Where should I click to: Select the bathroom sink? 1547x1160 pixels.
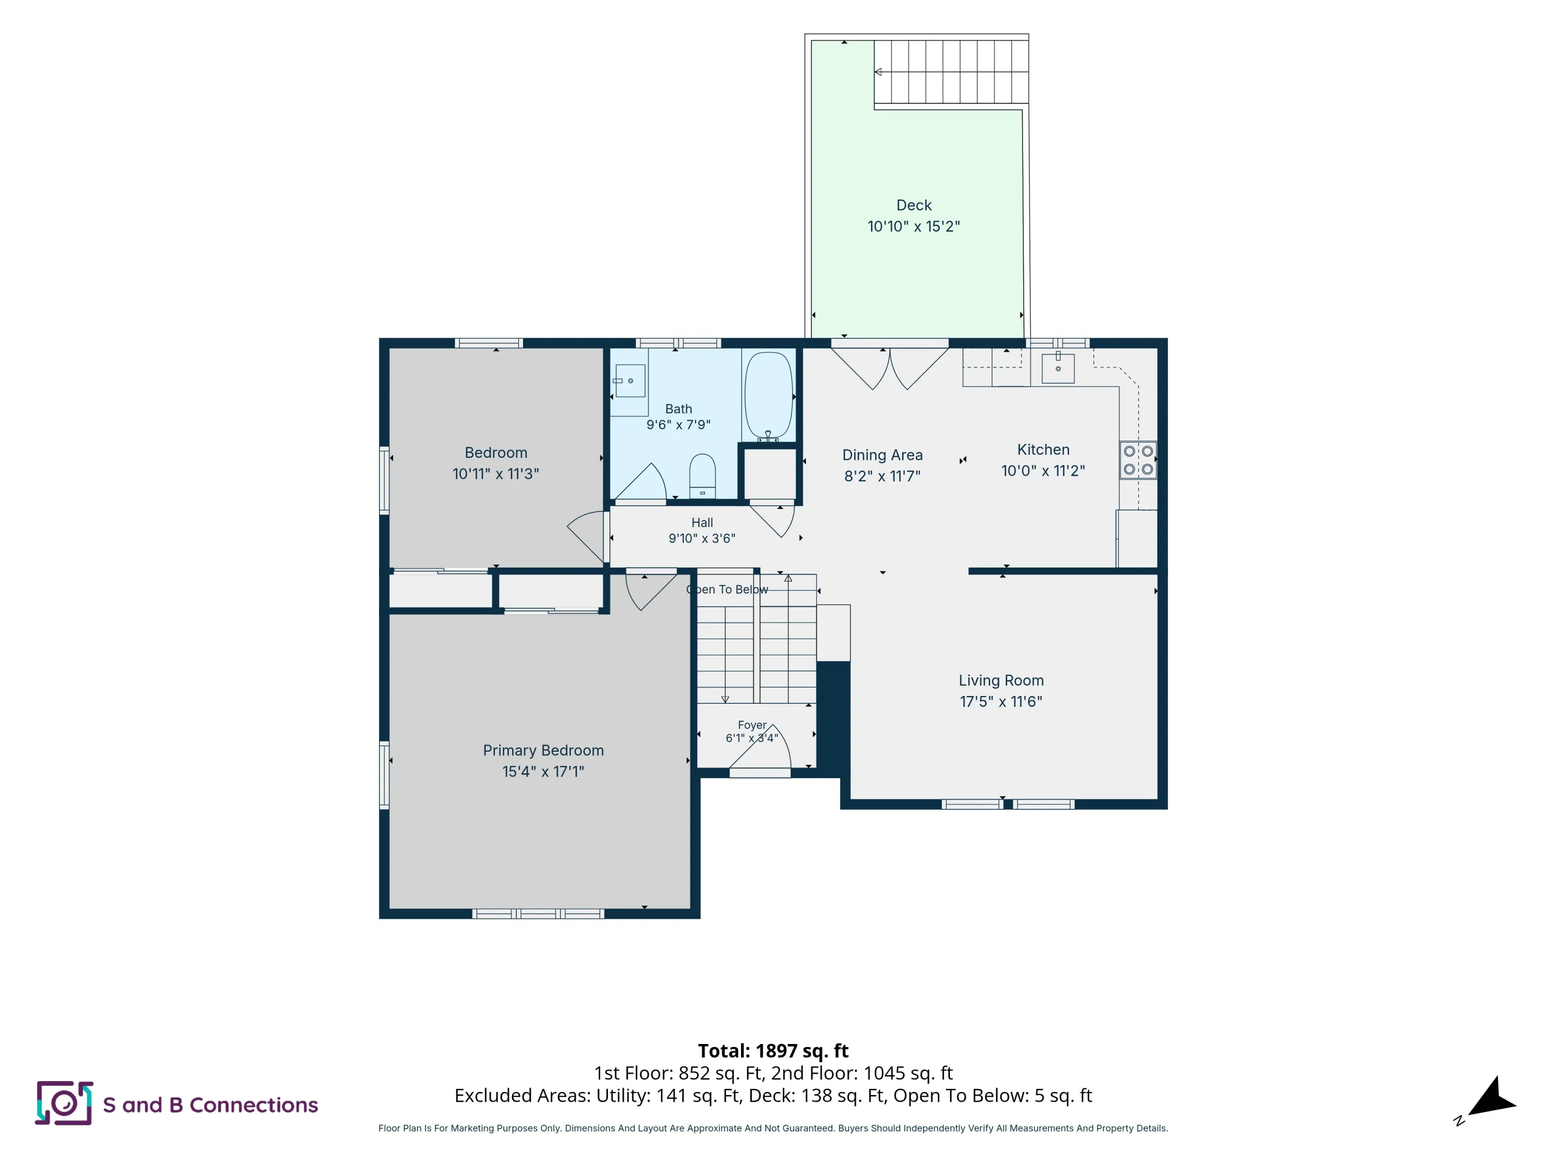pos(630,380)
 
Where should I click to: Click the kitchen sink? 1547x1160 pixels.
pos(1058,367)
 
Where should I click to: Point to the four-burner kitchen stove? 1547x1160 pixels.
pos(1138,460)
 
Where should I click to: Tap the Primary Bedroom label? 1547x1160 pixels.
pos(544,750)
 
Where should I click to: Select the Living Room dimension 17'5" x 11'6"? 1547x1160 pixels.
pos(1001,701)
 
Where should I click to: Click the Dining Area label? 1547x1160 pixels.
pos(883,455)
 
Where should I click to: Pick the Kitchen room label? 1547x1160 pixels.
pos(1044,450)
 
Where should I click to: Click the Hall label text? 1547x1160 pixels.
pos(702,522)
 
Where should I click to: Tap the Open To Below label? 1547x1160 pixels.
pos(727,589)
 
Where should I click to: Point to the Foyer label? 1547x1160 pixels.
pos(752,725)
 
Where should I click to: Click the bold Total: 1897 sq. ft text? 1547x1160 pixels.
pos(773,1051)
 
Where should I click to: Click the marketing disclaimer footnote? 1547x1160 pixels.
pos(773,1128)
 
